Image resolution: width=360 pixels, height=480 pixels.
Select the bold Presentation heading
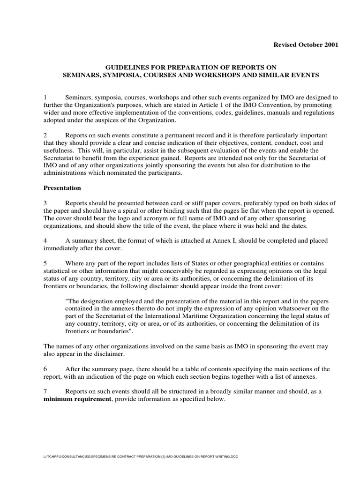tap(62, 188)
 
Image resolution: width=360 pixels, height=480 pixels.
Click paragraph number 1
tap(45, 97)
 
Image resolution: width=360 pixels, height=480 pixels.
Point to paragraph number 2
tap(45, 135)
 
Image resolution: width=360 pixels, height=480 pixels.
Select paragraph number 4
tap(45, 240)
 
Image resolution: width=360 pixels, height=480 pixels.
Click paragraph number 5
tap(45, 263)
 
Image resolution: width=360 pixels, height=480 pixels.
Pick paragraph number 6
tap(45, 368)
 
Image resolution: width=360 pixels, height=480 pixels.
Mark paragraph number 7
tap(45, 391)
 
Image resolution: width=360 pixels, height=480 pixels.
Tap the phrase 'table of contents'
tap(198, 368)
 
